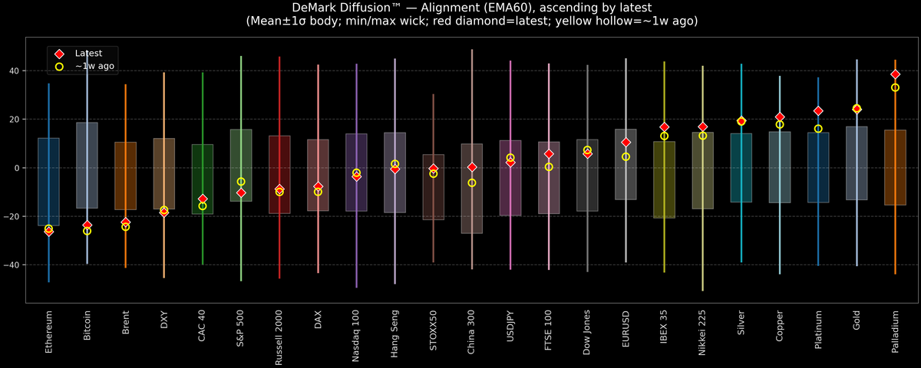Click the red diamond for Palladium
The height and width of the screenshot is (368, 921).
click(895, 74)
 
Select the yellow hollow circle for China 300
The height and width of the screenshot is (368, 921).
click(472, 182)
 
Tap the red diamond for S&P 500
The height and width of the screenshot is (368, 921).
click(241, 192)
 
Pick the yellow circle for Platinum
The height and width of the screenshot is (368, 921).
click(818, 129)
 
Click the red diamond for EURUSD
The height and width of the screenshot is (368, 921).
click(626, 143)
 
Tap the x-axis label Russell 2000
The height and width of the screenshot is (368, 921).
click(279, 337)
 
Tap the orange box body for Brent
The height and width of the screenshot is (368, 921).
click(126, 176)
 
